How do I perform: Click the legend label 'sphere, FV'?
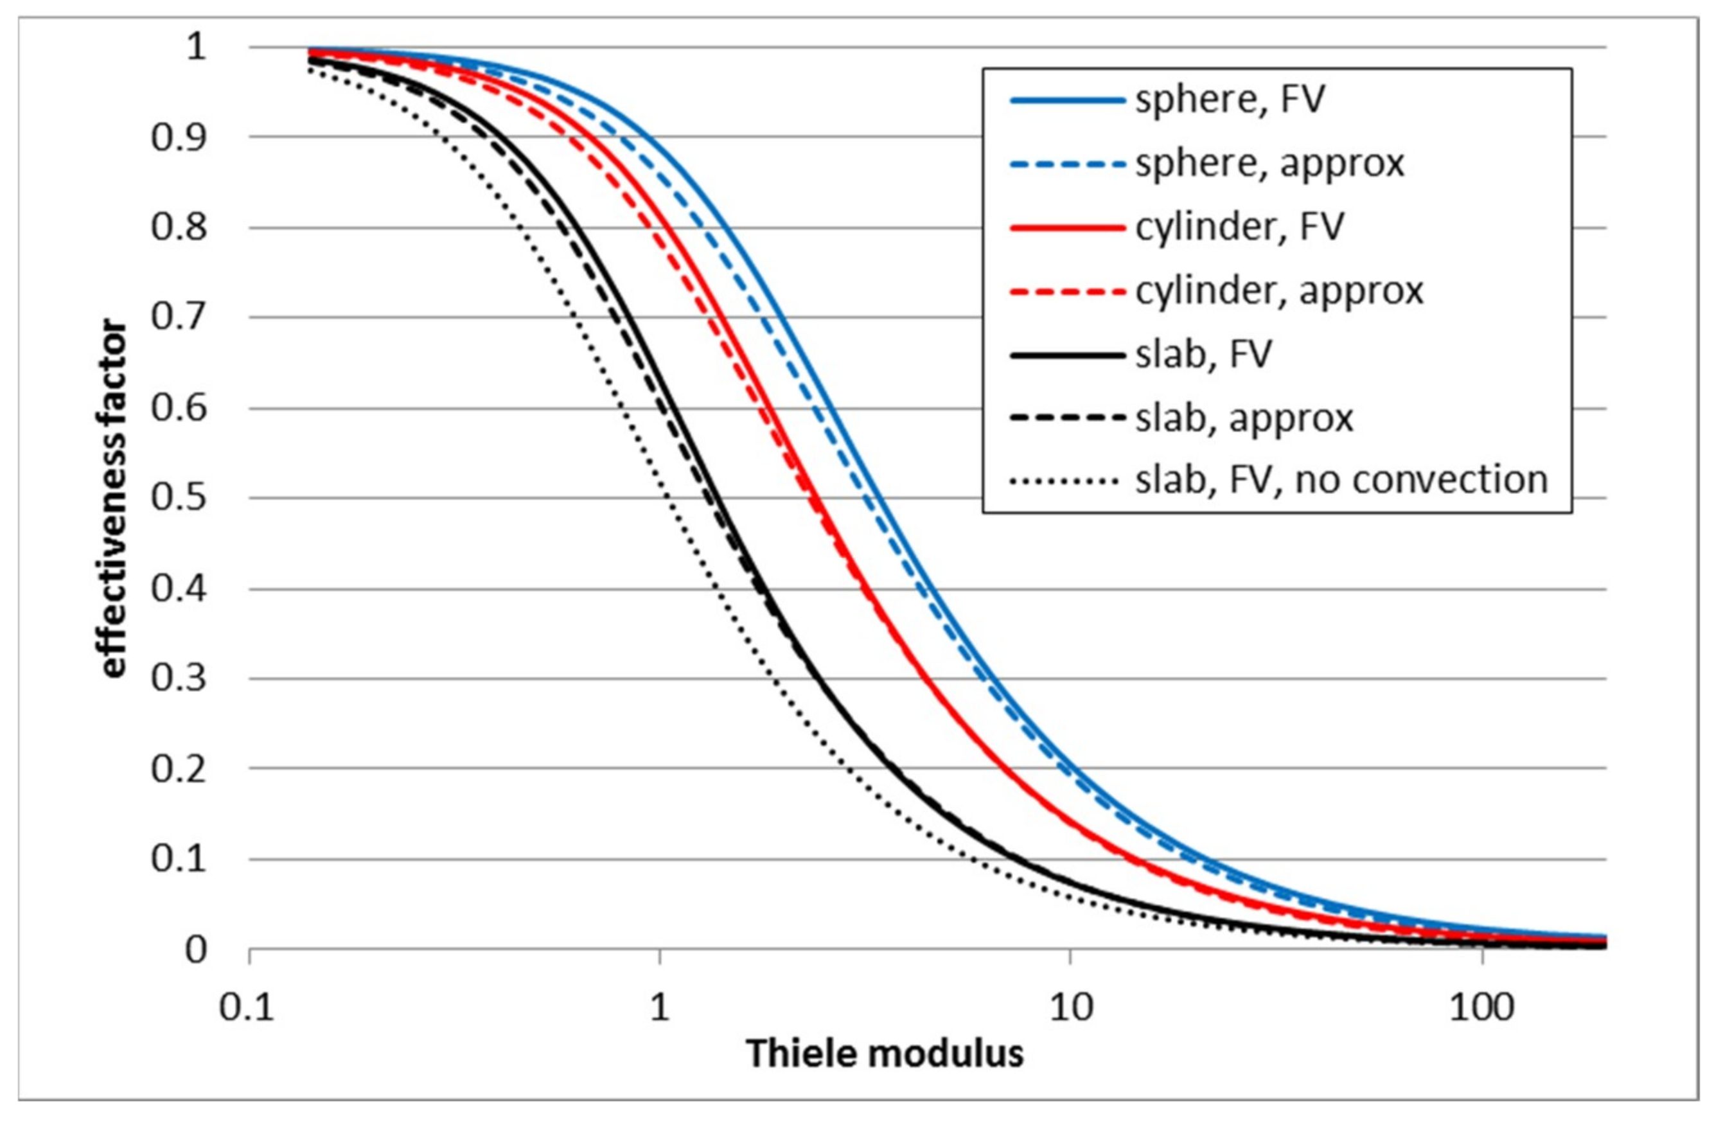click(x=1230, y=100)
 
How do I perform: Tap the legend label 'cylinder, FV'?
click(x=1239, y=227)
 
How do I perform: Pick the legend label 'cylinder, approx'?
click(x=1280, y=290)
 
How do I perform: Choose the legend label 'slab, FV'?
click(x=1203, y=354)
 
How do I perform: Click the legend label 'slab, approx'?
click(x=1244, y=418)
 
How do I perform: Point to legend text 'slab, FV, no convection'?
click(x=1341, y=480)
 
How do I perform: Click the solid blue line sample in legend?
click(x=1067, y=100)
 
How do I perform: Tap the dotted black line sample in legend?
click(x=1067, y=481)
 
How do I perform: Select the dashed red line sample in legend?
click(x=1067, y=291)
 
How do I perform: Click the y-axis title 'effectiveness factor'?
click(x=113, y=499)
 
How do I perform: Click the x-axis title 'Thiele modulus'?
click(x=885, y=1054)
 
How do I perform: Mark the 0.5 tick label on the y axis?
click(x=179, y=498)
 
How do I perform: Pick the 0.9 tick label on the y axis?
click(x=179, y=137)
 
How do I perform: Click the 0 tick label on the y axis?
click(x=195, y=950)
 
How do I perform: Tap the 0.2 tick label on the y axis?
click(x=179, y=768)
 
